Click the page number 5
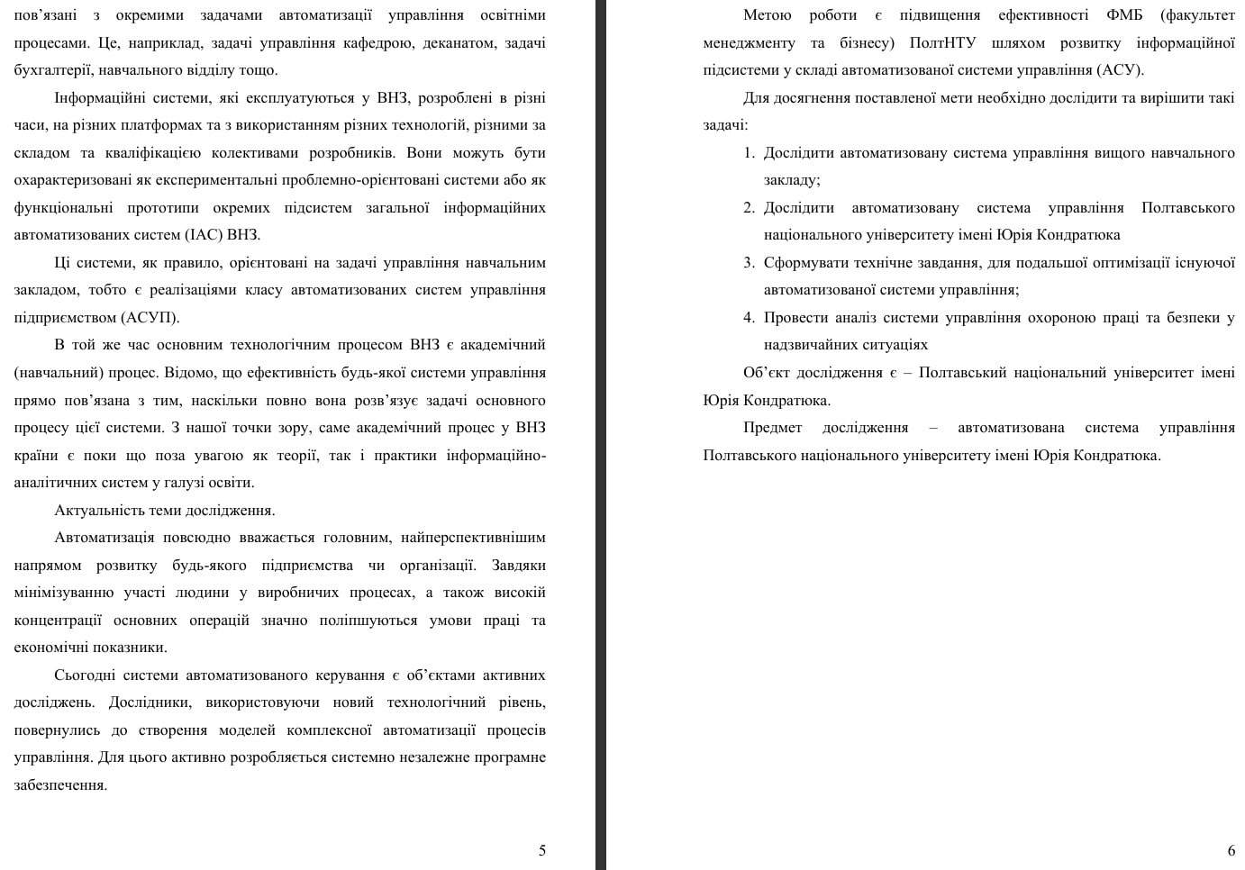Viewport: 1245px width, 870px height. [541, 850]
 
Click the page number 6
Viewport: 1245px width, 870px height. [1231, 850]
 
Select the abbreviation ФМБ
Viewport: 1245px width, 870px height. [1124, 15]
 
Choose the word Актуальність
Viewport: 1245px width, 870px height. [96, 511]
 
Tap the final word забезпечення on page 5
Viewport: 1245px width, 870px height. [59, 785]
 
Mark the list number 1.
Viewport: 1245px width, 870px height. [749, 153]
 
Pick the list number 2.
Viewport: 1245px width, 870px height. [749, 208]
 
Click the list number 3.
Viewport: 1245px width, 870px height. [749, 263]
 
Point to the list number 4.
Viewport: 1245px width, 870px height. [749, 318]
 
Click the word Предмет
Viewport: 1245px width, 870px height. [772, 428]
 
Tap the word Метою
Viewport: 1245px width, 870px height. [767, 15]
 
